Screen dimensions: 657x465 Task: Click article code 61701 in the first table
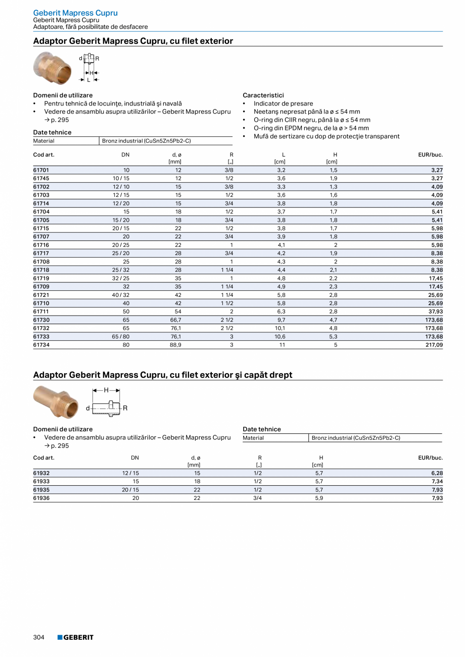41,170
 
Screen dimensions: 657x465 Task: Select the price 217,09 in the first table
434,345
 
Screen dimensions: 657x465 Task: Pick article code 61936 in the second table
41,498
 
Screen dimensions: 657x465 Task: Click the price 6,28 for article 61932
436,473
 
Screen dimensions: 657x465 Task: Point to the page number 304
39,637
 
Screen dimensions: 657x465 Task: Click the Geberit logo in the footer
75,637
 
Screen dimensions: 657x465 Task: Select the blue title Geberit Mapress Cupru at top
75,13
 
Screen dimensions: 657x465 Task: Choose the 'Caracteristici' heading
263,95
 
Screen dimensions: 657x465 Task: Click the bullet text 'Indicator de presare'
283,104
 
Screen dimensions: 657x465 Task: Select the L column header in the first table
284,155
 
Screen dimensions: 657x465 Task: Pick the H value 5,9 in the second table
319,498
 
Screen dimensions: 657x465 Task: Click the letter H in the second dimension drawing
106,390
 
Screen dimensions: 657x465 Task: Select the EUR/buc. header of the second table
430,458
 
